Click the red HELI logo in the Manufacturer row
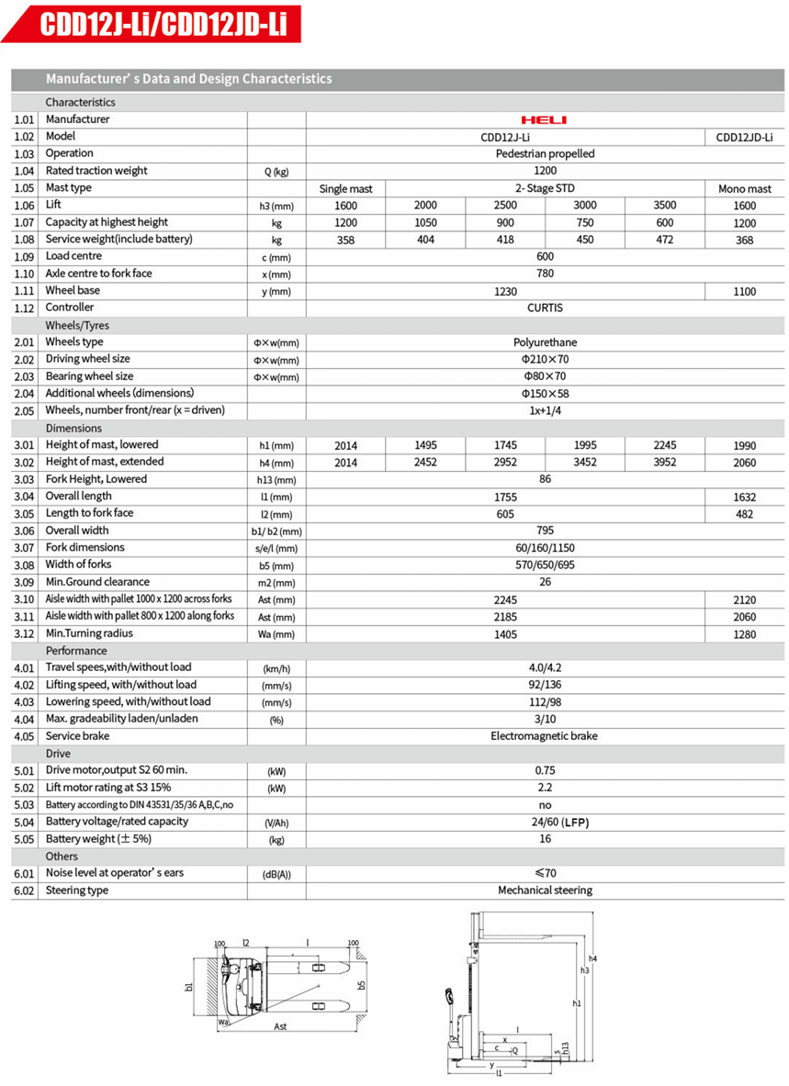pos(544,119)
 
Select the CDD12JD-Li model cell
pos(744,137)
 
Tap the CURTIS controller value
pos(545,308)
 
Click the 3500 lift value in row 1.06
pos(664,206)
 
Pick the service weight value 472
pos(664,240)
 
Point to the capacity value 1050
pos(425,223)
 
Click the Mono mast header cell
pos(744,188)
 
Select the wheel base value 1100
pos(744,291)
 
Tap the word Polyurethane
pos(545,342)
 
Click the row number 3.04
pos(24,497)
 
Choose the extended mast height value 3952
pos(664,463)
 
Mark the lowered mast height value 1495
pos(425,445)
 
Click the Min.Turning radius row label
pos(89,633)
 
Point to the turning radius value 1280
pos(744,634)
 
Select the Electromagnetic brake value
pos(545,736)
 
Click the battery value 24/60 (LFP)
pos(545,823)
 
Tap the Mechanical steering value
pos(545,890)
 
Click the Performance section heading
pos(76,651)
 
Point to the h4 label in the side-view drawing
pos(592,959)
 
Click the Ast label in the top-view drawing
pos(280,1026)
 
